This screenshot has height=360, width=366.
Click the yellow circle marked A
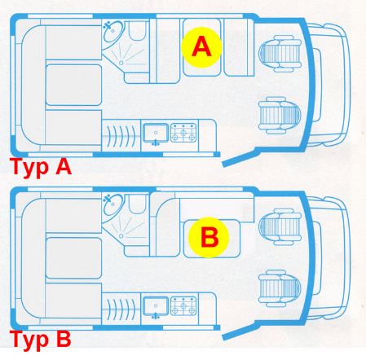[x=201, y=47]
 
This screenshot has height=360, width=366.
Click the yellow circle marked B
[x=209, y=237]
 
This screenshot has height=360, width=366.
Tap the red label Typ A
[x=41, y=168]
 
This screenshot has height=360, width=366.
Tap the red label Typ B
[x=41, y=340]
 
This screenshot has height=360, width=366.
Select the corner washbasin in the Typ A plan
[x=112, y=31]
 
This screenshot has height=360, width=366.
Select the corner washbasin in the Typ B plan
[x=112, y=204]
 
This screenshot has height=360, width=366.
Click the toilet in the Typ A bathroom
[x=137, y=31]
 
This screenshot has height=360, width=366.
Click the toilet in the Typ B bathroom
[x=137, y=204]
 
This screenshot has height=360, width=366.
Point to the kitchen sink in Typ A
[x=156, y=133]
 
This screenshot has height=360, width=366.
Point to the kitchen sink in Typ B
[x=156, y=306]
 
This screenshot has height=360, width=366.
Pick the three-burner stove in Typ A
[x=183, y=133]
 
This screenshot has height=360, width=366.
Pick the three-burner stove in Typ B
[x=183, y=306]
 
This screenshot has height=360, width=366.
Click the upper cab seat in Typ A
[x=280, y=54]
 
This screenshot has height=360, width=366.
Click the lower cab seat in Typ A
[x=280, y=115]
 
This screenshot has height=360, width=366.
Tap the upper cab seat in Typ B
[x=280, y=226]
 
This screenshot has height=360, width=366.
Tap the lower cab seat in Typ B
[x=280, y=288]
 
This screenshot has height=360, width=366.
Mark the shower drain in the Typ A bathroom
[x=121, y=63]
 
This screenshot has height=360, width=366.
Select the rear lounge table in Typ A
[x=73, y=85]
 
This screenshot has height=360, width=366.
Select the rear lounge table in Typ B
[x=73, y=258]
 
